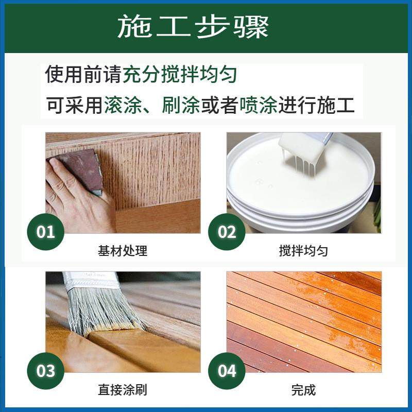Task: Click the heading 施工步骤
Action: [x=193, y=26]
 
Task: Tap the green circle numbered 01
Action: [x=45, y=232]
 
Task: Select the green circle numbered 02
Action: [x=227, y=232]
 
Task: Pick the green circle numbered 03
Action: [x=45, y=371]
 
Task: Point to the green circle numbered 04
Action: [x=227, y=371]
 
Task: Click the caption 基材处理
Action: [x=123, y=251]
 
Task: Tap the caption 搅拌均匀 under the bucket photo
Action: [x=303, y=251]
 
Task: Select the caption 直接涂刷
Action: [x=123, y=390]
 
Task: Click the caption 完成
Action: [x=303, y=390]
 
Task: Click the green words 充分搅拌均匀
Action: [x=180, y=75]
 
